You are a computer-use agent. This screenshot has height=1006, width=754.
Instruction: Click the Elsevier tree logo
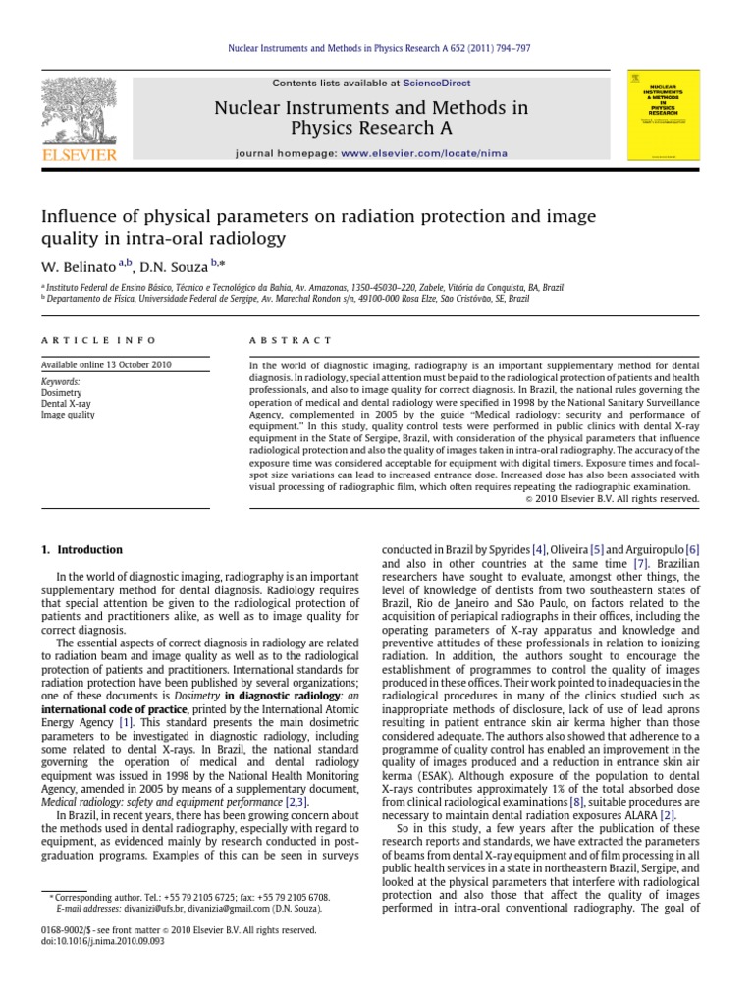point(78,112)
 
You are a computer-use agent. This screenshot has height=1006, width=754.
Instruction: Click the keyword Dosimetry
point(63,392)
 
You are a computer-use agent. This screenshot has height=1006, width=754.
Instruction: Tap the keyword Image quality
point(68,415)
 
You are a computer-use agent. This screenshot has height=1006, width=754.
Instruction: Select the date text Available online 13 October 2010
point(106,364)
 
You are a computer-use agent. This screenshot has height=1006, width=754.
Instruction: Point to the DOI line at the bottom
point(102,941)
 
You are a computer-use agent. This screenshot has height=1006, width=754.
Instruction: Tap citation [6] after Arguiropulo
point(692,549)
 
